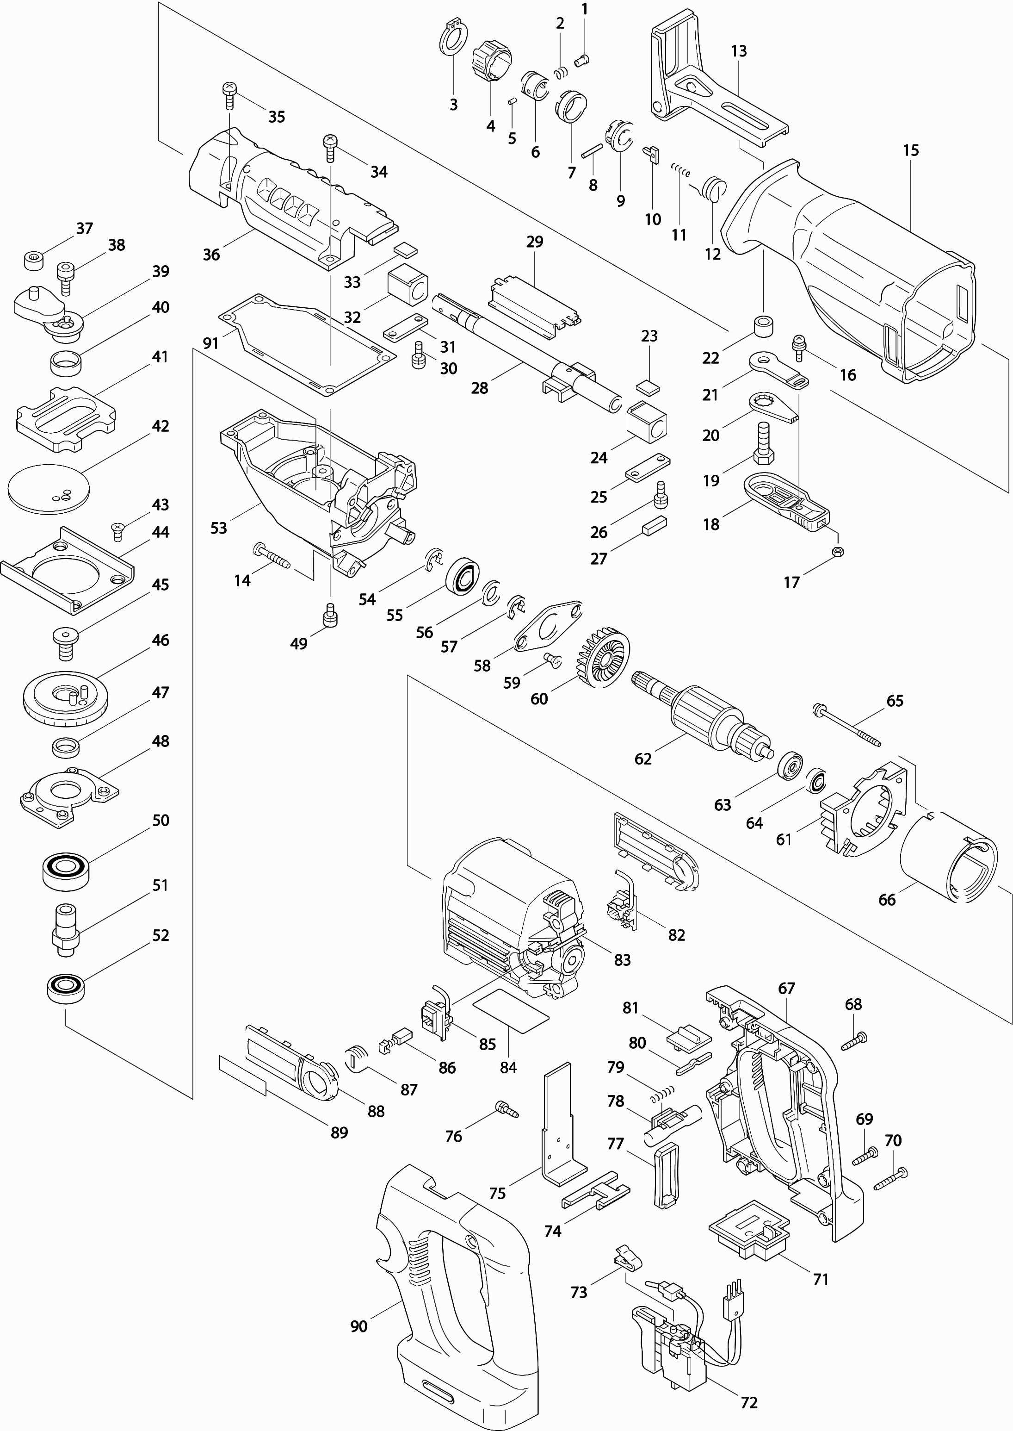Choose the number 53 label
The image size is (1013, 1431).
tap(218, 528)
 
